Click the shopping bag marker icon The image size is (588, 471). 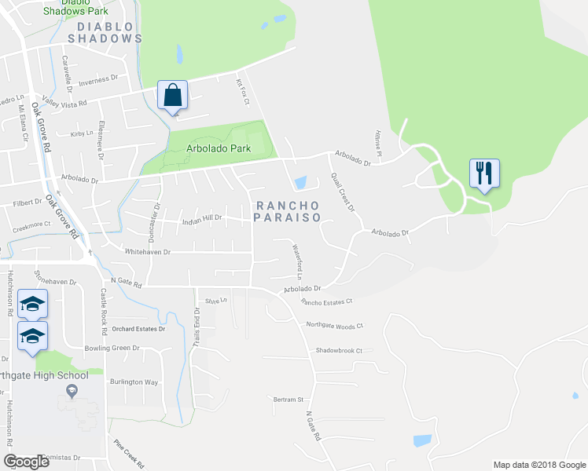tap(173, 96)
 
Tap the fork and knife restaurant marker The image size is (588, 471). tap(484, 173)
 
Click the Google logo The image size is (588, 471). tap(26, 462)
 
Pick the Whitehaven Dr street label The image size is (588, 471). tap(147, 252)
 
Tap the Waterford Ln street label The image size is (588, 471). tap(297, 262)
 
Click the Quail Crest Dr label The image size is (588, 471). tap(343, 192)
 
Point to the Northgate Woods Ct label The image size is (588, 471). tap(335, 325)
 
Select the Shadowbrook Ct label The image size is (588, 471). tap(339, 351)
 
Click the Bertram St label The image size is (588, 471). tap(288, 400)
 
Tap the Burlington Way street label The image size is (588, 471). tap(134, 382)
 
